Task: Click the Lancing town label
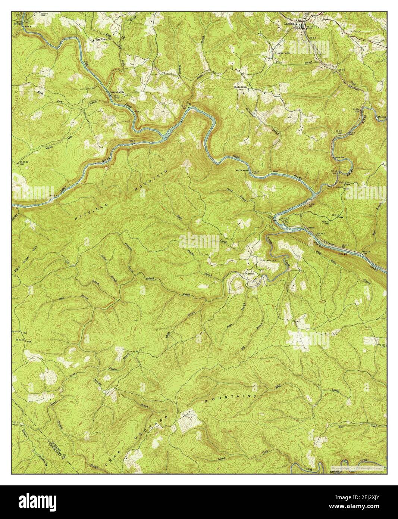tap(288, 23)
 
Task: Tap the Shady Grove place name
tap(241, 87)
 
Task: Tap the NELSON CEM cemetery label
tap(271, 261)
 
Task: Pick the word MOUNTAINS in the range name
tap(231, 398)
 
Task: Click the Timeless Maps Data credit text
tap(357, 467)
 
